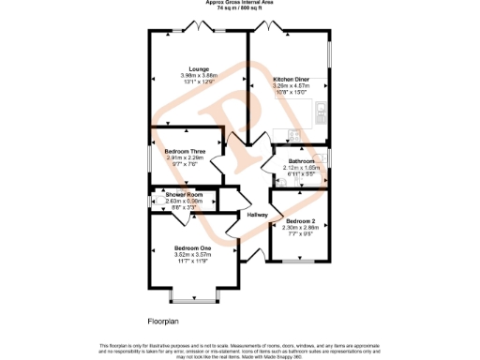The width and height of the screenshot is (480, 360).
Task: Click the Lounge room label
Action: (x=198, y=68)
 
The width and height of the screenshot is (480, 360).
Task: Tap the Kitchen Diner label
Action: (x=291, y=80)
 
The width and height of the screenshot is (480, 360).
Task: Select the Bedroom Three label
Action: (x=185, y=151)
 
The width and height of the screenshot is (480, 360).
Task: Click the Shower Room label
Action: (x=184, y=194)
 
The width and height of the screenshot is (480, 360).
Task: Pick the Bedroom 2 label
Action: (x=301, y=221)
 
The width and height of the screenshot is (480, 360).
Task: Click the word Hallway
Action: (x=258, y=216)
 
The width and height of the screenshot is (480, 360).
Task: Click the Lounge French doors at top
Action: (x=198, y=28)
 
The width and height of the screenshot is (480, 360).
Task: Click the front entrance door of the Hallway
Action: (x=251, y=255)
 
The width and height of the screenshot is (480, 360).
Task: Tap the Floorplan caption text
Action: (x=162, y=322)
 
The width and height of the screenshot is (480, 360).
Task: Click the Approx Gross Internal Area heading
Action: (x=240, y=3)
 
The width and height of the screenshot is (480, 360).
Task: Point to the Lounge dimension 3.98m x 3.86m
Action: (x=198, y=75)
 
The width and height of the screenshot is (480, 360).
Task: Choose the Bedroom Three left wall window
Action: (x=149, y=157)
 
